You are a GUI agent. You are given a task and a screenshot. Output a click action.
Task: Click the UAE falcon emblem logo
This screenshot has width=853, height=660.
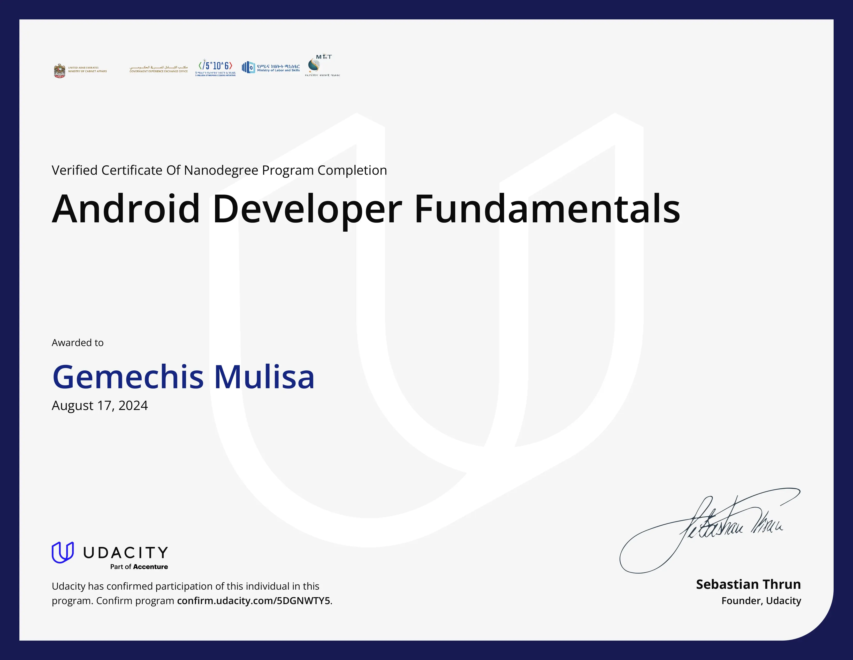pyautogui.click(x=60, y=71)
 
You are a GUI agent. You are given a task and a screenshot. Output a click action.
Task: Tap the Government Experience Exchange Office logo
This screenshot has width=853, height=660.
pyautogui.click(x=158, y=69)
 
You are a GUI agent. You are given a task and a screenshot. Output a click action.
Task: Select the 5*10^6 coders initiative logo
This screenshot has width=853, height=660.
pyautogui.click(x=216, y=67)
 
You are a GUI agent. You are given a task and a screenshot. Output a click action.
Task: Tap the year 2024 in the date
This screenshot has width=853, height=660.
pyautogui.click(x=133, y=406)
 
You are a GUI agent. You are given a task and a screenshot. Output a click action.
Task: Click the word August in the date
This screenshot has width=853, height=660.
pyautogui.click(x=72, y=406)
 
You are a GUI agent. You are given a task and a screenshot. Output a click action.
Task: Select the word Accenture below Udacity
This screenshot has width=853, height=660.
pyautogui.click(x=150, y=567)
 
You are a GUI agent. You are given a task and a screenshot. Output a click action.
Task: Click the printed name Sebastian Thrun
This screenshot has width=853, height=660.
pyautogui.click(x=748, y=584)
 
